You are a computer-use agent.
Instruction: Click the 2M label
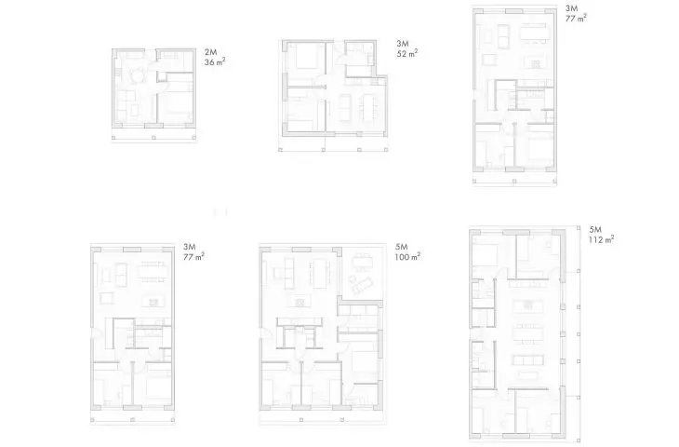point(210,52)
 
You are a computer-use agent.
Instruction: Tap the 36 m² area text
point(215,62)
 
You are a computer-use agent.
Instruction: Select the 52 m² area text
point(407,53)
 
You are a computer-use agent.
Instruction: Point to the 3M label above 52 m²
point(403,44)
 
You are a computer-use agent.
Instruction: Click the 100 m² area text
point(407,257)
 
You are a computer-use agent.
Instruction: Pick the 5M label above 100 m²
point(401,247)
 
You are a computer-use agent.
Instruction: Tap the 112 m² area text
point(601,239)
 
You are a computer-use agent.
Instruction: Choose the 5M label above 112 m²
point(594,230)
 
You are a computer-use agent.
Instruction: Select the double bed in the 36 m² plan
point(175,101)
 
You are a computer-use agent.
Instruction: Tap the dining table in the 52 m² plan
point(369,107)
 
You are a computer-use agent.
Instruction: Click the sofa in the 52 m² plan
point(345,107)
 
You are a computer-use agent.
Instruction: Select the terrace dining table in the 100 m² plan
point(361,261)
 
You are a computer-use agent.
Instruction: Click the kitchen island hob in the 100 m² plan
point(300,302)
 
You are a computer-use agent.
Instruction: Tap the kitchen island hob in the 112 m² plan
point(528,305)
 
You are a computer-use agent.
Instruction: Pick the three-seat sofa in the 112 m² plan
point(528,359)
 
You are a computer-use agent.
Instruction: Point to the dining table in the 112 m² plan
point(528,333)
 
